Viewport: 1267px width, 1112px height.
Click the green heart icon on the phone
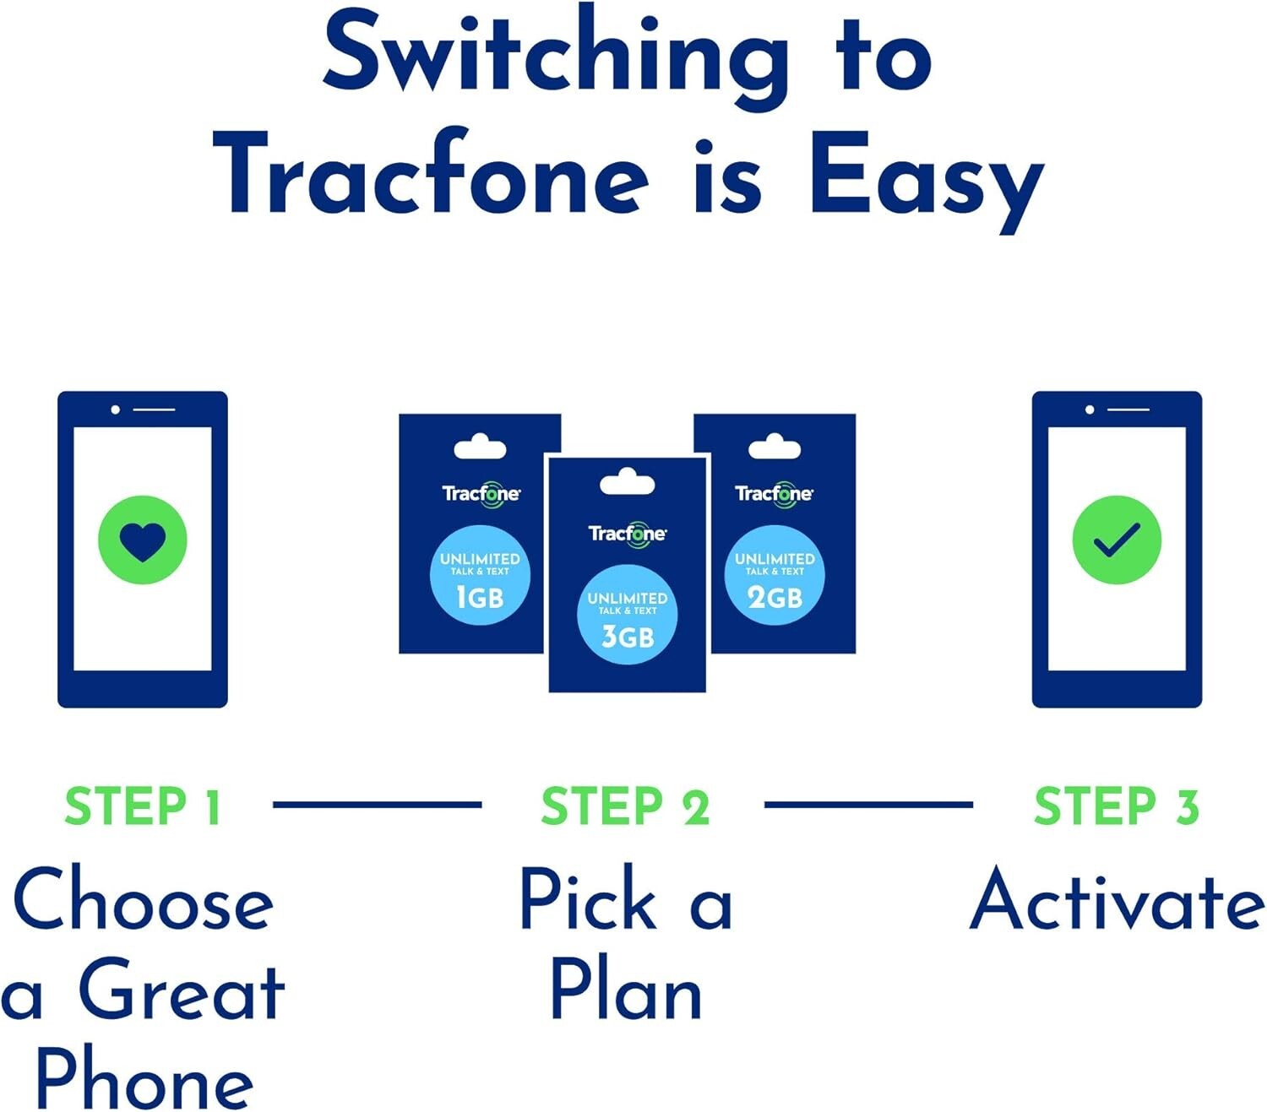142,540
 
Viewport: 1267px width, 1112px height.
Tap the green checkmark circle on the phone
1116,540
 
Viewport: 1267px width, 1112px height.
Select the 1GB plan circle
480,575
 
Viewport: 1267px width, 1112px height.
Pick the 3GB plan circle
627,615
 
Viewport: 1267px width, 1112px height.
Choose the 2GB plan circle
774,575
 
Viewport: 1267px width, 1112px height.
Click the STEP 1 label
142,806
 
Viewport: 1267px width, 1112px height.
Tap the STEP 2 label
625,806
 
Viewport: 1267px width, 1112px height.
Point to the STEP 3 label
1116,806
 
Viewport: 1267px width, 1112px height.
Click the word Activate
1116,899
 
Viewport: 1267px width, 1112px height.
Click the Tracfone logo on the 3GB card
627,534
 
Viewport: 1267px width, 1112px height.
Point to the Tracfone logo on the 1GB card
481,494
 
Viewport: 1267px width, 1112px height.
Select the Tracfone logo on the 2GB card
774,494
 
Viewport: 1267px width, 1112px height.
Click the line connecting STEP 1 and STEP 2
377,805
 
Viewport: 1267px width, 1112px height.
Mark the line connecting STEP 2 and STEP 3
867,805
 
